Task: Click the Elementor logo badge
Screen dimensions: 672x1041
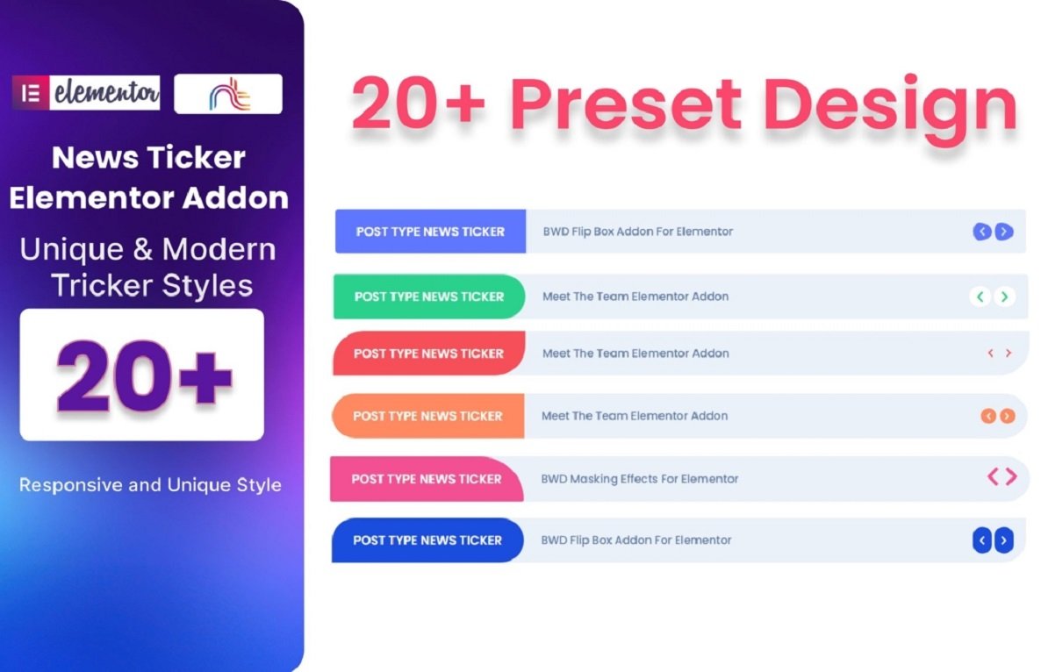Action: [86, 93]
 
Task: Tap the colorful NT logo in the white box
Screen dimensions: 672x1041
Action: [228, 94]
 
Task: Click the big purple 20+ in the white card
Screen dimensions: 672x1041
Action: [142, 375]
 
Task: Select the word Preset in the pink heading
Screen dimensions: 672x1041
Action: [625, 104]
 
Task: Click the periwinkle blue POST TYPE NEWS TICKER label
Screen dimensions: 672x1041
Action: [430, 232]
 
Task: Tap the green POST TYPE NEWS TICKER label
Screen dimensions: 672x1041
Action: [429, 297]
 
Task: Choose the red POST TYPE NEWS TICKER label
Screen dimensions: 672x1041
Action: [428, 354]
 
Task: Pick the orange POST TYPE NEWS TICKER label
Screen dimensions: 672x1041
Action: [427, 416]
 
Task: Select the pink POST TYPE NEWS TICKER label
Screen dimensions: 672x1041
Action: [427, 479]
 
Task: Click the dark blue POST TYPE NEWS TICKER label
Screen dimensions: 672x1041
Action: [427, 540]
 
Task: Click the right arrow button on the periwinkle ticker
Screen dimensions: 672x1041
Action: [1004, 232]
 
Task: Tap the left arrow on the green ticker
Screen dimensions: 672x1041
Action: [980, 297]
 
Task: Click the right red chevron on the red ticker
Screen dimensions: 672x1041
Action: [1009, 354]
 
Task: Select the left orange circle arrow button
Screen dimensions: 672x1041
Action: [988, 416]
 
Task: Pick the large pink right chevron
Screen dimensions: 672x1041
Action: [1011, 476]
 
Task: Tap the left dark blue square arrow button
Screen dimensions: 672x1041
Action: [982, 540]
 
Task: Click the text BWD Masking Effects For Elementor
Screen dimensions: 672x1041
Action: [639, 479]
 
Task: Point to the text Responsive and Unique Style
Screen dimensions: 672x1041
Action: [150, 485]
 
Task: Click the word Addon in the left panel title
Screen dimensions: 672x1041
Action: [236, 198]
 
